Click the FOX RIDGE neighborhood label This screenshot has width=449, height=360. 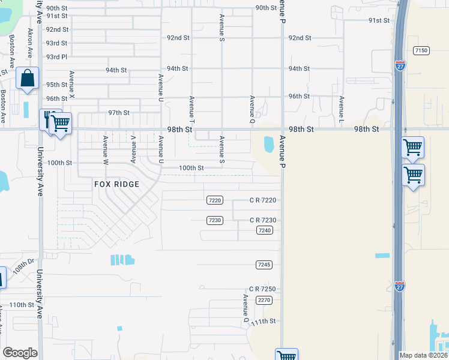[x=116, y=184]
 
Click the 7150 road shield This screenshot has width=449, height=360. [x=421, y=50]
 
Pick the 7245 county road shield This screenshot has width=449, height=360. [x=264, y=265]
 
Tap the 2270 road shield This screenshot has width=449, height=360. [x=264, y=299]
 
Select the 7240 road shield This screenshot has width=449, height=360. [x=264, y=230]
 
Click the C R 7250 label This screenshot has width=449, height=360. [x=263, y=289]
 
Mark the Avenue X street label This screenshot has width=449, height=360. [x=71, y=85]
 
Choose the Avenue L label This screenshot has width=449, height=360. [x=341, y=107]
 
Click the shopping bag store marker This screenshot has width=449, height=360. [x=27, y=78]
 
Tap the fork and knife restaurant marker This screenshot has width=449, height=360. [x=48, y=119]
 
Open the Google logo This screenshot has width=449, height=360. [x=20, y=353]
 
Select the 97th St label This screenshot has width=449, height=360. [x=119, y=113]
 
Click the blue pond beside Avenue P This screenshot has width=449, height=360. [x=268, y=144]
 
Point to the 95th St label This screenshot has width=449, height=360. [x=56, y=85]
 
